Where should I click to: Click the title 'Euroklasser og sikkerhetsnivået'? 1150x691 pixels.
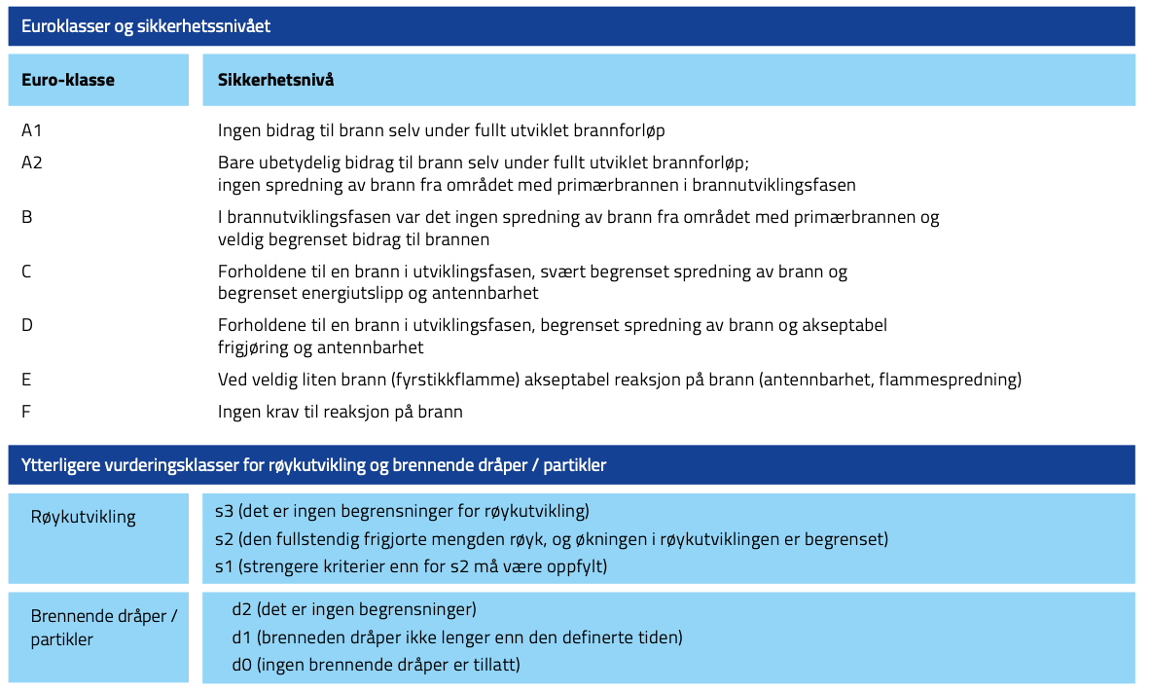tap(146, 26)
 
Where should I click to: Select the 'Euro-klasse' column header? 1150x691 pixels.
tap(68, 80)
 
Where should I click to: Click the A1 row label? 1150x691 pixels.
tap(32, 129)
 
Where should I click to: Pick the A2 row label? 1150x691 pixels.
tap(32, 163)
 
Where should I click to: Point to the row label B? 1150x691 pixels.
tap(27, 217)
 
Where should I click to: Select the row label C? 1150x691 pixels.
tap(27, 272)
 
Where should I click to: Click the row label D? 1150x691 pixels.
tap(27, 325)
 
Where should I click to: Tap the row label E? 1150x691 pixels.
tap(26, 380)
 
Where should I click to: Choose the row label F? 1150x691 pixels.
tap(26, 412)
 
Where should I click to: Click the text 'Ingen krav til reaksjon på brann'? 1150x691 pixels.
tap(340, 412)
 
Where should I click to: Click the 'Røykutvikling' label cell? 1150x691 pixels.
tap(84, 517)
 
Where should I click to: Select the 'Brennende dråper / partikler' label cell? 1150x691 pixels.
tap(103, 628)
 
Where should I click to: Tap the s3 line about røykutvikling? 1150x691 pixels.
tap(402, 510)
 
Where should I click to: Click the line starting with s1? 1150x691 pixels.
tap(411, 565)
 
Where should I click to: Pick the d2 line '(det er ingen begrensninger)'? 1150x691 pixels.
tap(353, 610)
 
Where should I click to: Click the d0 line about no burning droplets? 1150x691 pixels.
tap(376, 665)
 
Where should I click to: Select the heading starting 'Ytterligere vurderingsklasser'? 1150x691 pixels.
tap(313, 465)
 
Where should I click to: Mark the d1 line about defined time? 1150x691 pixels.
tap(456, 637)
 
